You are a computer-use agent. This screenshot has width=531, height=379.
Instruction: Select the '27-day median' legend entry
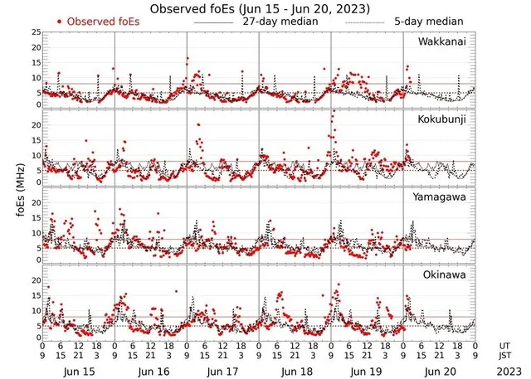pos(270,21)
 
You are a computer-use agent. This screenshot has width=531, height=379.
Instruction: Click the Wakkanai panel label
pos(441,41)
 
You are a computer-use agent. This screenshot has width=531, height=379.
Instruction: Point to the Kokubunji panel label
pos(441,119)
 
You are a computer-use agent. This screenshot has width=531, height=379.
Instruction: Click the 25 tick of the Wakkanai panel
pos(36,32)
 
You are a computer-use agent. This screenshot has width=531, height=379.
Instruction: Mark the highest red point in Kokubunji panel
pos(334,111)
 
